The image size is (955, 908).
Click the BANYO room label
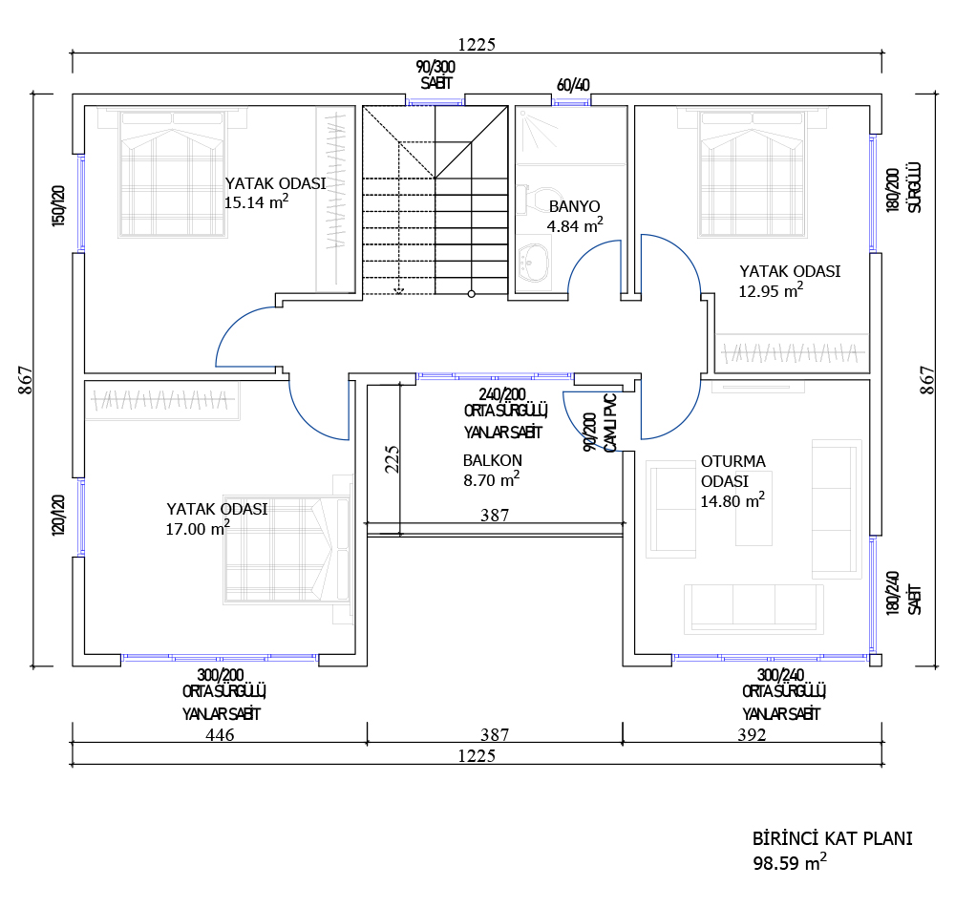(x=574, y=206)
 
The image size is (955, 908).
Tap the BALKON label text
(x=492, y=460)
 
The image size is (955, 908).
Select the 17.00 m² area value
(x=198, y=528)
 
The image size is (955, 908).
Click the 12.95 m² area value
(x=771, y=290)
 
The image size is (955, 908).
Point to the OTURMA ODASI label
(x=732, y=472)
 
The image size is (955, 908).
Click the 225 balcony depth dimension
(x=393, y=459)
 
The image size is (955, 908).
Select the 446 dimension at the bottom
(x=220, y=734)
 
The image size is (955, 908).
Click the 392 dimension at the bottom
(x=752, y=734)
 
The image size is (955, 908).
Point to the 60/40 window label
(x=573, y=85)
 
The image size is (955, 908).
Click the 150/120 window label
(x=58, y=206)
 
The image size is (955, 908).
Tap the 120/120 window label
(x=58, y=516)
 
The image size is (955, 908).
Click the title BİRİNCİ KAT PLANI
(x=833, y=838)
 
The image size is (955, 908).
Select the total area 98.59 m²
(x=790, y=862)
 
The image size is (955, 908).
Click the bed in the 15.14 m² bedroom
(x=172, y=173)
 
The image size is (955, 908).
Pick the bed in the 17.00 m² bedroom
(x=287, y=549)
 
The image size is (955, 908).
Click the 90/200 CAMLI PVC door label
(x=600, y=423)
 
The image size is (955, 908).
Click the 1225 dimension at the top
(x=477, y=45)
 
